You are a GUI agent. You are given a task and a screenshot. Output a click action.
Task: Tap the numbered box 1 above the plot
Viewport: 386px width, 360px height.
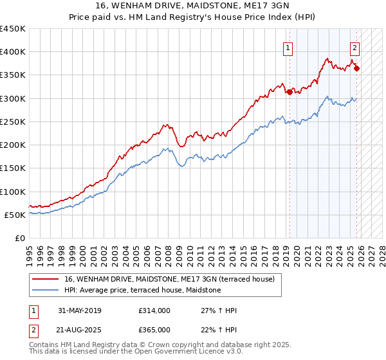point(288,47)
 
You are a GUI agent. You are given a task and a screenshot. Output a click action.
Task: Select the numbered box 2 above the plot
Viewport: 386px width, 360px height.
point(354,47)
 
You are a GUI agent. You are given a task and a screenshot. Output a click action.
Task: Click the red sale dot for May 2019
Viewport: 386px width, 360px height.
point(289,92)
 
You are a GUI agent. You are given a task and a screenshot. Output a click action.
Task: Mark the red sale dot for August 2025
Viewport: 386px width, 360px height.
point(357,68)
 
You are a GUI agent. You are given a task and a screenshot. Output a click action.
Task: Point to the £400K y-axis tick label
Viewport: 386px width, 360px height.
point(13,52)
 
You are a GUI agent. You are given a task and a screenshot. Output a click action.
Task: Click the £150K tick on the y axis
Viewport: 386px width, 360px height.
point(13,168)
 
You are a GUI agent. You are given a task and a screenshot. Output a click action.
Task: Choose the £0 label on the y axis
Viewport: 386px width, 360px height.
point(19,239)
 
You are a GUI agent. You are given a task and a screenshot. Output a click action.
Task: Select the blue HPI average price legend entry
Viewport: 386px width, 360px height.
point(142,291)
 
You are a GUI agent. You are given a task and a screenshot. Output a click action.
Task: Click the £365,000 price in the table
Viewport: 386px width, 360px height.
point(154,330)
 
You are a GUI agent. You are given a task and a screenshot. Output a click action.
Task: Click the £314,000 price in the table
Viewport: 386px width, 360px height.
point(154,310)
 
